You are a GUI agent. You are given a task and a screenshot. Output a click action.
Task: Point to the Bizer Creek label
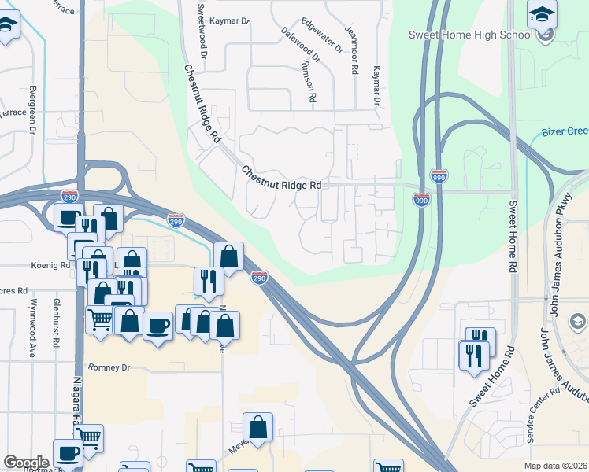pyautogui.click(x=565, y=132)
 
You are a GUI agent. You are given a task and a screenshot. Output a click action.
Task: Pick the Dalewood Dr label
pyautogui.click(x=300, y=46)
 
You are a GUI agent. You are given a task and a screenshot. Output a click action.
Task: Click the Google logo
pyautogui.click(x=26, y=463)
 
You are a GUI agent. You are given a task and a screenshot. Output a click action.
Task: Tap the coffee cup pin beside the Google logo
pyautogui.click(x=68, y=452)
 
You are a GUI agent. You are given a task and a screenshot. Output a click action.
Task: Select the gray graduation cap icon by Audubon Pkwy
pyautogui.click(x=576, y=320)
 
